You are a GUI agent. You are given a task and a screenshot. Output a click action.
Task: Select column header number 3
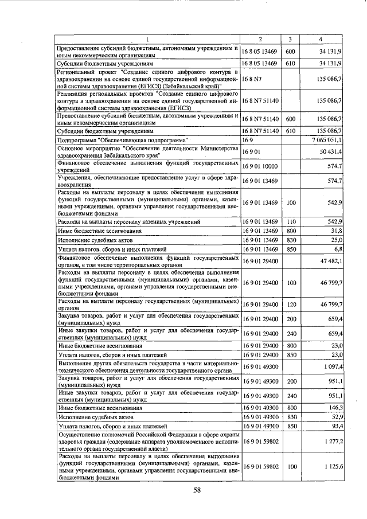291,39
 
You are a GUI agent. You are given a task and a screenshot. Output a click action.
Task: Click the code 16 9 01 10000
260,166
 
